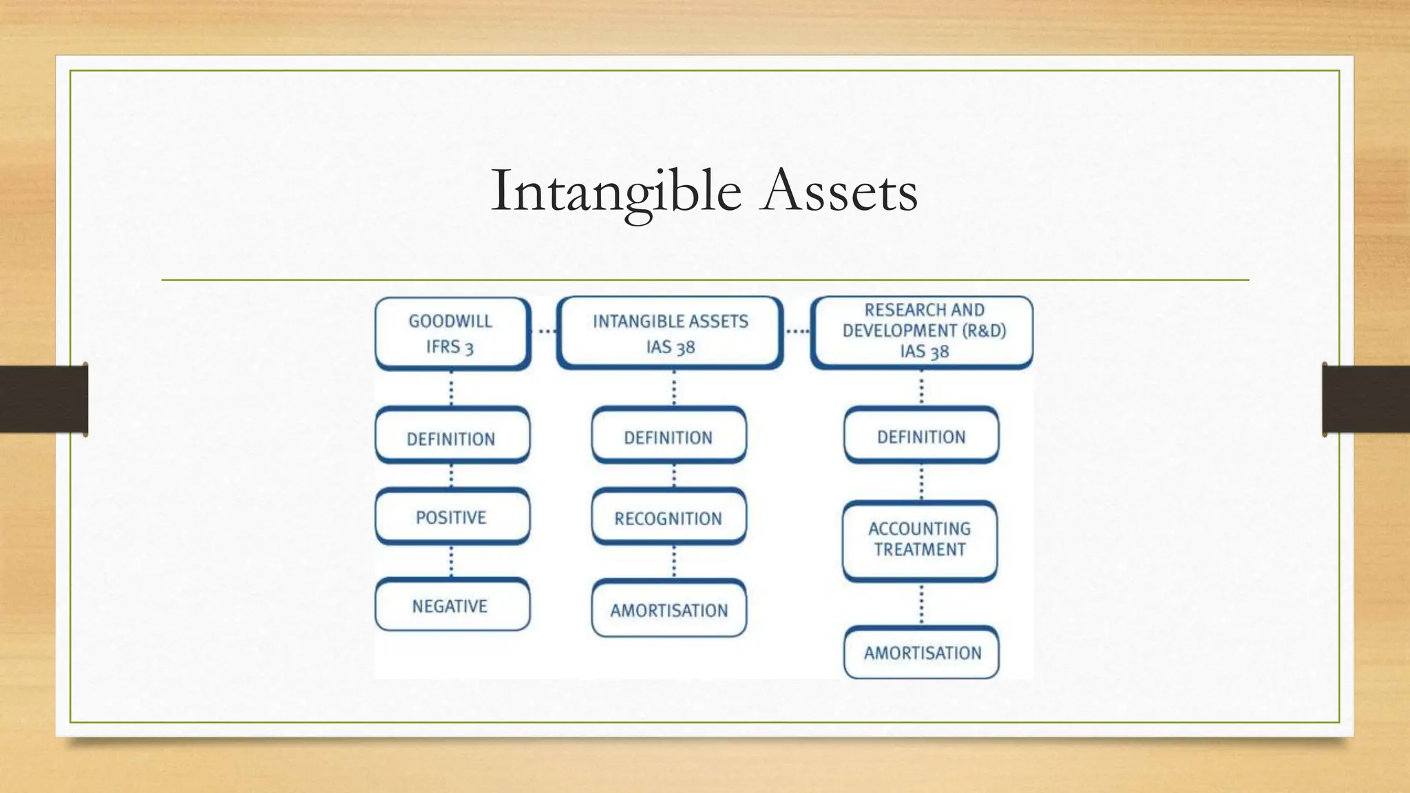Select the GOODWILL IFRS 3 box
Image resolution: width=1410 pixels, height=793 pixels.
[x=452, y=333]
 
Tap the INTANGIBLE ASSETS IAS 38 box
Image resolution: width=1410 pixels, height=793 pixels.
[x=670, y=333]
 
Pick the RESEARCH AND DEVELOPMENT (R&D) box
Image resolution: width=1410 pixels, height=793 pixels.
[x=923, y=332]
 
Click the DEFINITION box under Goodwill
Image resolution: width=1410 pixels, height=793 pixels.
[x=452, y=436]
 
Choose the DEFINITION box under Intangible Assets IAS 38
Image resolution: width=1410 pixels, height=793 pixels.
[x=669, y=436]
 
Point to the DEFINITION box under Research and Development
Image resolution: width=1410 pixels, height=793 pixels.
[x=921, y=435]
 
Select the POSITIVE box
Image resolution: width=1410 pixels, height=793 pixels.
[x=452, y=516]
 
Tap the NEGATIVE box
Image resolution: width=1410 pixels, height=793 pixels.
[x=452, y=605]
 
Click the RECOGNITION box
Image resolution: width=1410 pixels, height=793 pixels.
[x=669, y=517]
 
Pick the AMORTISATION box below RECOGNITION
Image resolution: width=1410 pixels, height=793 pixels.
[x=669, y=609]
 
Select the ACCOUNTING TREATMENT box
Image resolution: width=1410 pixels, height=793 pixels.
[x=920, y=540]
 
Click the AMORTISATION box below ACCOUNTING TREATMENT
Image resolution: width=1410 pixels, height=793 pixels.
[x=921, y=652]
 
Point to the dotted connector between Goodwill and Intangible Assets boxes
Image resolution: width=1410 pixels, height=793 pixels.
[x=545, y=332]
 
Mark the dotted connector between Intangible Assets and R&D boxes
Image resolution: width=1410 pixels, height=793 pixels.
[x=797, y=332]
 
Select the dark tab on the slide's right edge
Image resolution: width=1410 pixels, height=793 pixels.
[x=1366, y=399]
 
